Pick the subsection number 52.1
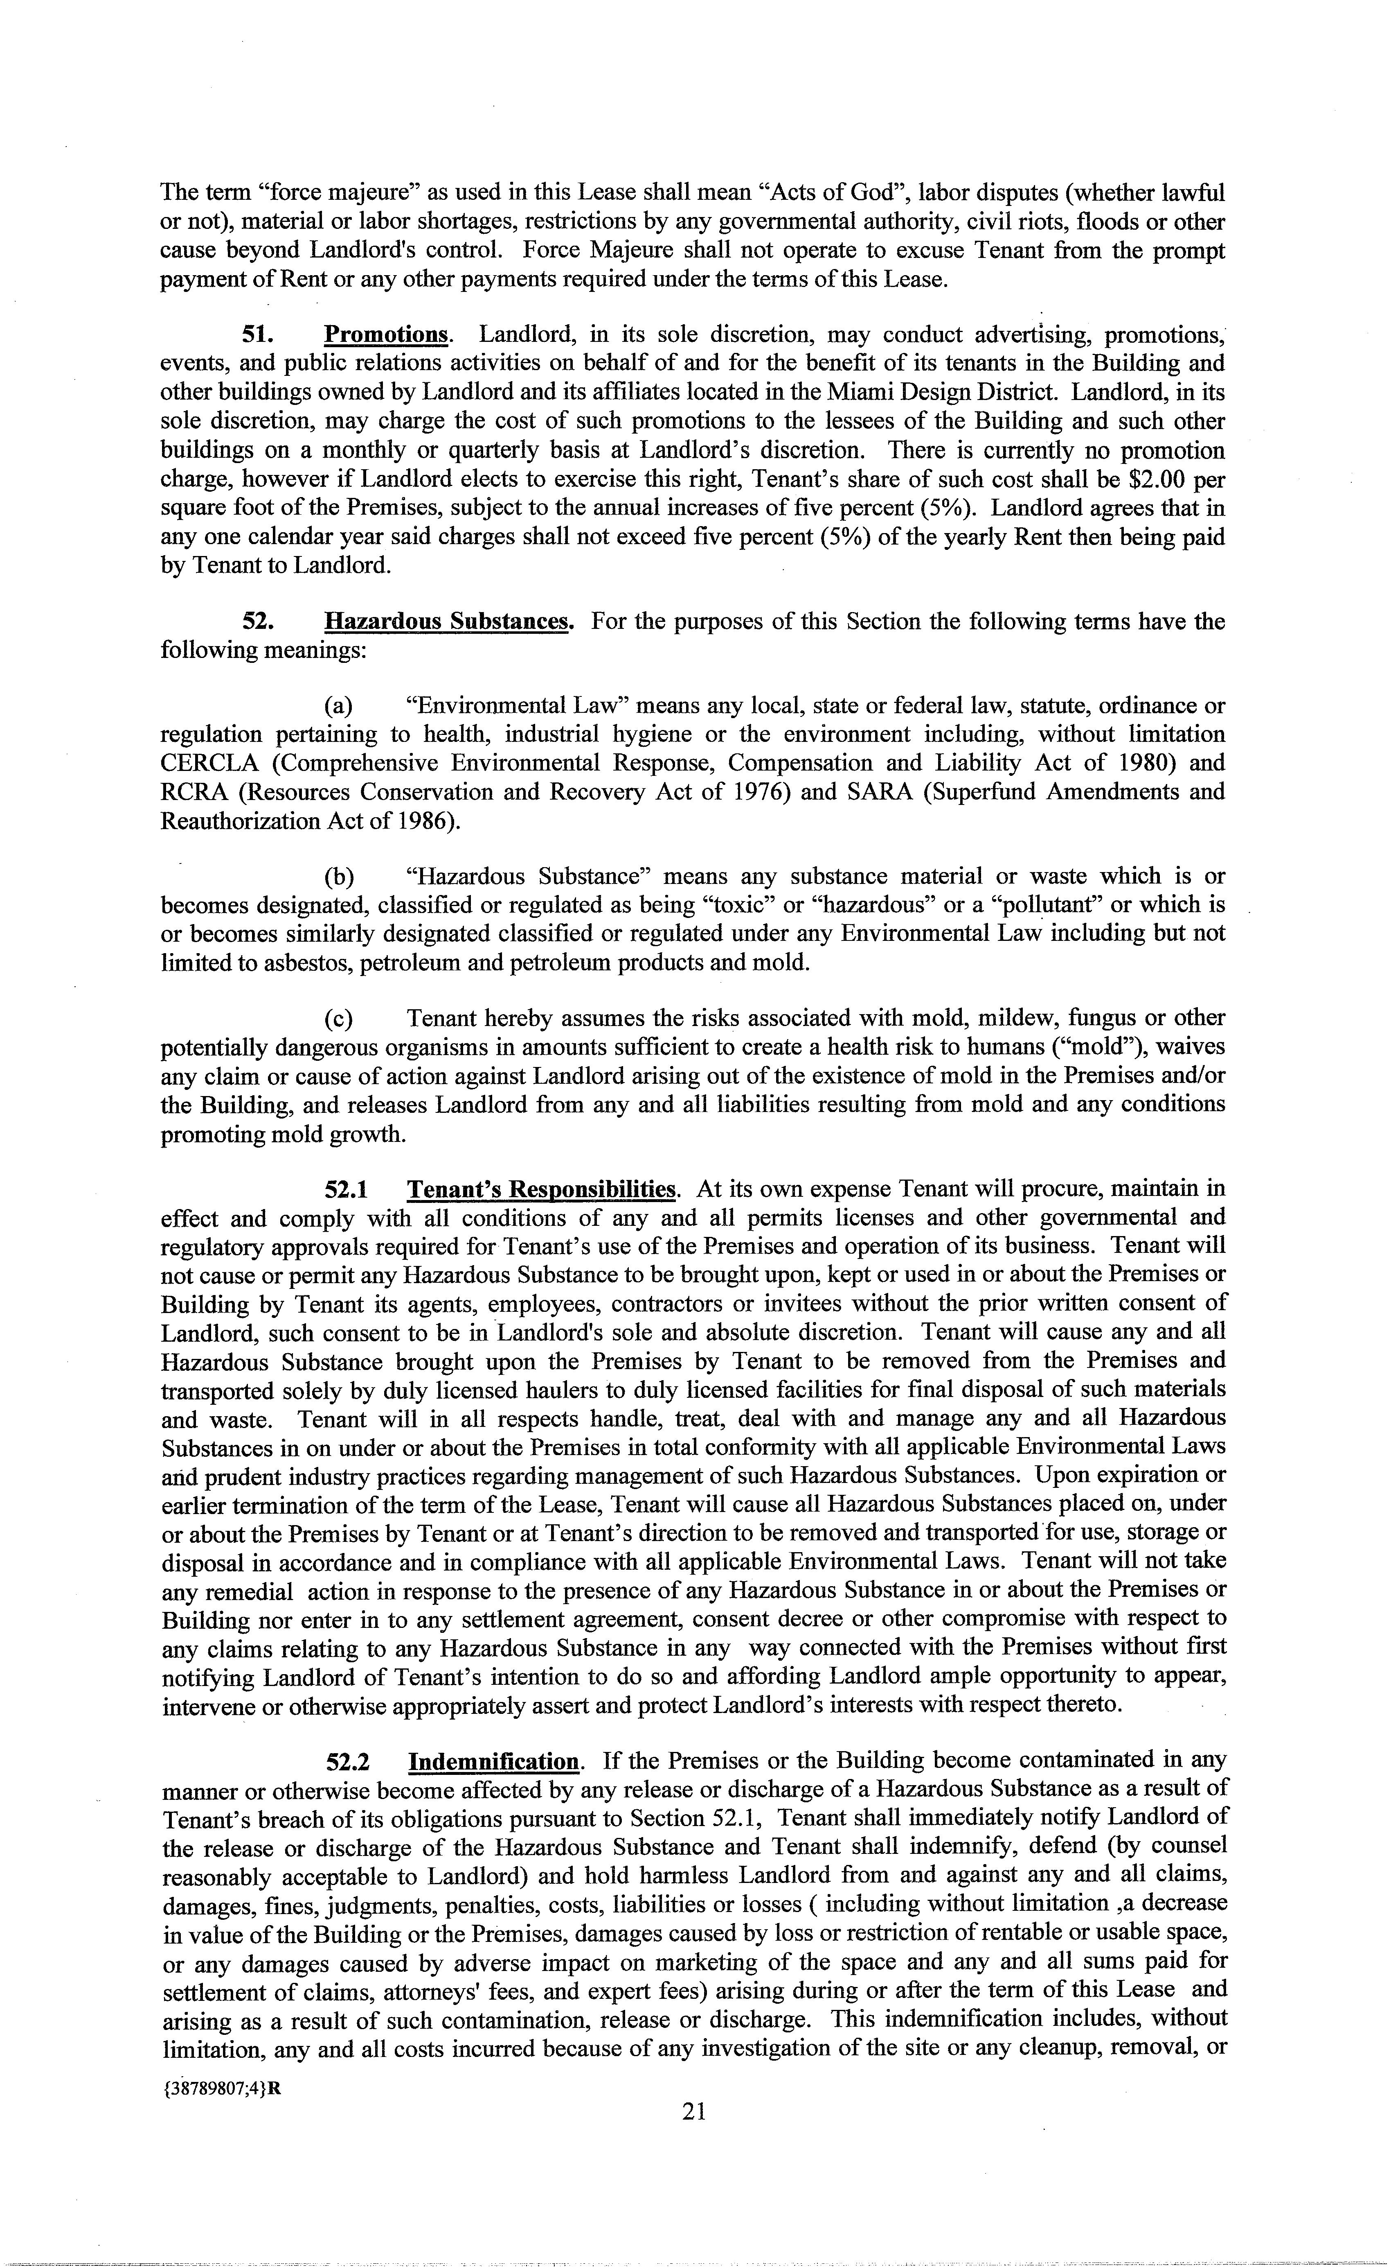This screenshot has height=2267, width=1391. (347, 1189)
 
